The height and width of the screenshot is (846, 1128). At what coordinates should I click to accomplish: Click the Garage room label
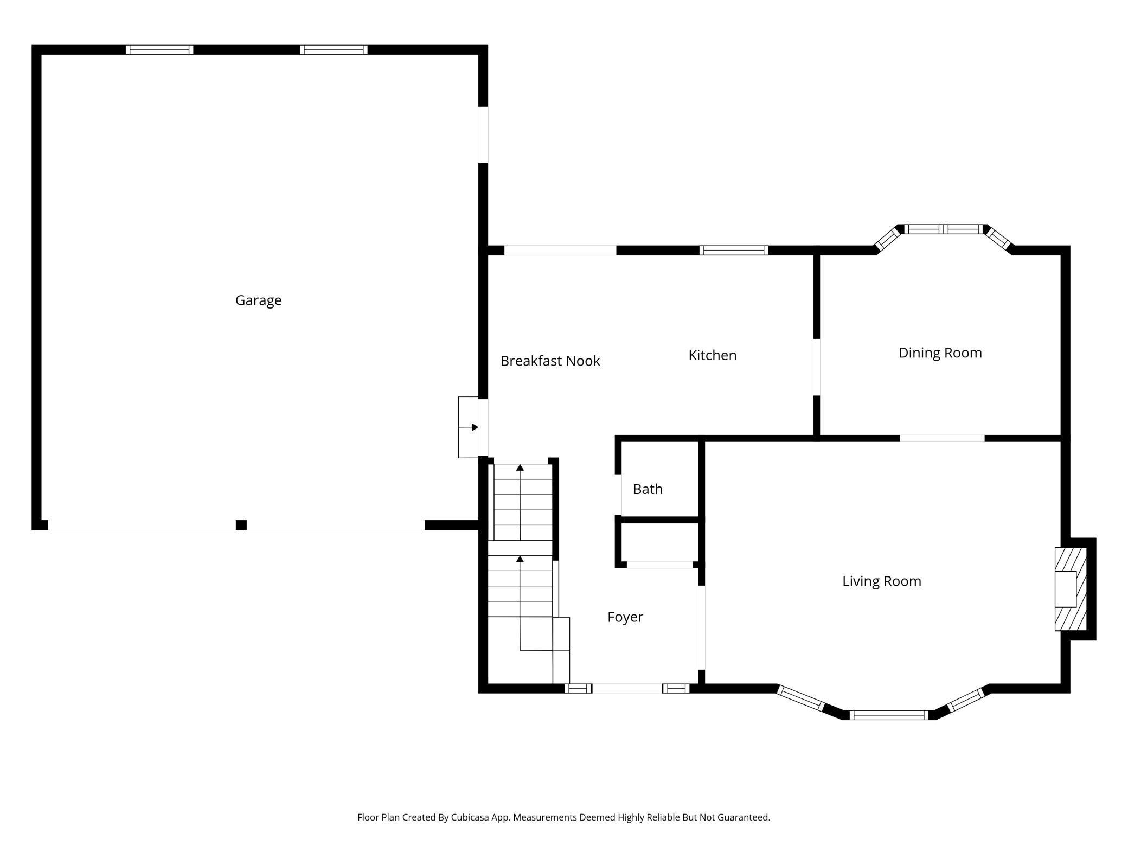click(x=258, y=300)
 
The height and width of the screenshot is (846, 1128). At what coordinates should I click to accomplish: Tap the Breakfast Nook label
click(x=550, y=361)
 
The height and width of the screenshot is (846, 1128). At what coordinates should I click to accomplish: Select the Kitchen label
click(x=712, y=356)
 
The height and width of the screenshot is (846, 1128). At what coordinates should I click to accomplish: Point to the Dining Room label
click(x=940, y=353)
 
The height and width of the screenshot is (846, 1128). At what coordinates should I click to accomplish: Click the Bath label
click(x=648, y=489)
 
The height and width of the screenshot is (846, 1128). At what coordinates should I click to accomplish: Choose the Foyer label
click(x=625, y=617)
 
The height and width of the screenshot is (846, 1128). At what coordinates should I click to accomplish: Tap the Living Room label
click(x=881, y=581)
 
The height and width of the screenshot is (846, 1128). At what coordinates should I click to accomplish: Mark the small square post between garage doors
click(x=241, y=524)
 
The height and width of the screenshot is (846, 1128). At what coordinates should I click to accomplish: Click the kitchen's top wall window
click(x=733, y=250)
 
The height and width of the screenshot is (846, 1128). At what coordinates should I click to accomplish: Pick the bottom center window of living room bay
click(x=889, y=715)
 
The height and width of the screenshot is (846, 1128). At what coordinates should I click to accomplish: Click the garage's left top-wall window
click(x=159, y=50)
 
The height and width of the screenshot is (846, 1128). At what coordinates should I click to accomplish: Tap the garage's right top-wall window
click(x=334, y=50)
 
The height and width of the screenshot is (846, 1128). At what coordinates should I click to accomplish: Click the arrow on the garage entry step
click(x=475, y=427)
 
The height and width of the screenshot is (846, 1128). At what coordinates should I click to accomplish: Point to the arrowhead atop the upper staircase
click(x=520, y=467)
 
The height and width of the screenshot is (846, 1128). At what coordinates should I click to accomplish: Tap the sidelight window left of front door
click(x=578, y=689)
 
